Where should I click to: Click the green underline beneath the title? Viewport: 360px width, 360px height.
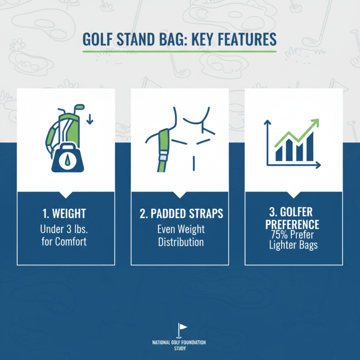coord(180,51)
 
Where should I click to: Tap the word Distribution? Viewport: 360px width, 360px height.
coord(180,242)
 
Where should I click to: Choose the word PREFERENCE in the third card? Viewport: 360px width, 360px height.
coord(293,224)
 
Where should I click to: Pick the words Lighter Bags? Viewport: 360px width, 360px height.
coord(293,246)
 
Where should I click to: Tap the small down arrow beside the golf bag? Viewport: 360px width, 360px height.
coord(89,119)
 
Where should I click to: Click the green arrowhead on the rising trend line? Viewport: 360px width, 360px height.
coord(315,122)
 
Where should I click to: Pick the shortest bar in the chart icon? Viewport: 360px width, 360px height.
coord(279,153)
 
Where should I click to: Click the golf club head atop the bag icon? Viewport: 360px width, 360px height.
coord(79,108)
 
